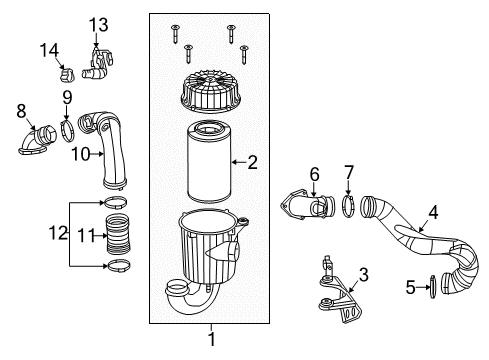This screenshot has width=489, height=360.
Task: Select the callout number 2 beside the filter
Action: click(x=252, y=160)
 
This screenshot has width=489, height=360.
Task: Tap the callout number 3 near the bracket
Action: click(x=364, y=274)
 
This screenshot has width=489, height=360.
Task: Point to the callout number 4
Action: click(x=433, y=211)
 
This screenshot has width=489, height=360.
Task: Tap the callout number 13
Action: click(x=97, y=23)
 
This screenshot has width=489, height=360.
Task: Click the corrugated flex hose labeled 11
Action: click(x=118, y=237)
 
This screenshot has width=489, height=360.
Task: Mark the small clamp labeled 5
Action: click(x=431, y=287)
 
